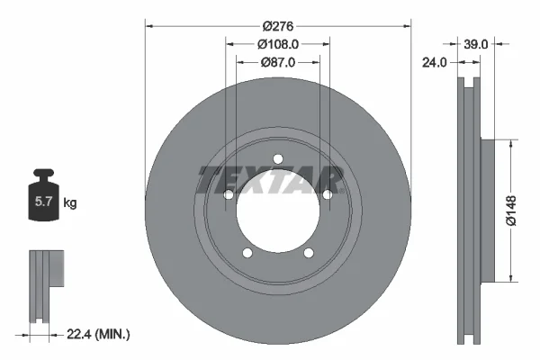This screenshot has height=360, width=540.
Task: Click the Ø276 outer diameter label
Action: tap(278, 26)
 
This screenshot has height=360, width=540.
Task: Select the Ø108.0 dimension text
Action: tap(278, 44)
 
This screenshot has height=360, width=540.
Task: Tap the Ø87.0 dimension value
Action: tap(278, 62)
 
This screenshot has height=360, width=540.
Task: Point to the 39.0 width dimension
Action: tap(475, 44)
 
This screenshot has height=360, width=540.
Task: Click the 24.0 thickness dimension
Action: tap(435, 62)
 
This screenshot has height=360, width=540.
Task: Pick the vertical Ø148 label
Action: tap(511, 211)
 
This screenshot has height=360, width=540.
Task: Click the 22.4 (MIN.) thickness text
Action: tap(98, 334)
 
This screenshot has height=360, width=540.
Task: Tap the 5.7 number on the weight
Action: tap(43, 202)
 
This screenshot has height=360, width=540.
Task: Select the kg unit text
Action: tap(70, 202)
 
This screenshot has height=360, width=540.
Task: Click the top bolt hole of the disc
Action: tap(278, 159)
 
